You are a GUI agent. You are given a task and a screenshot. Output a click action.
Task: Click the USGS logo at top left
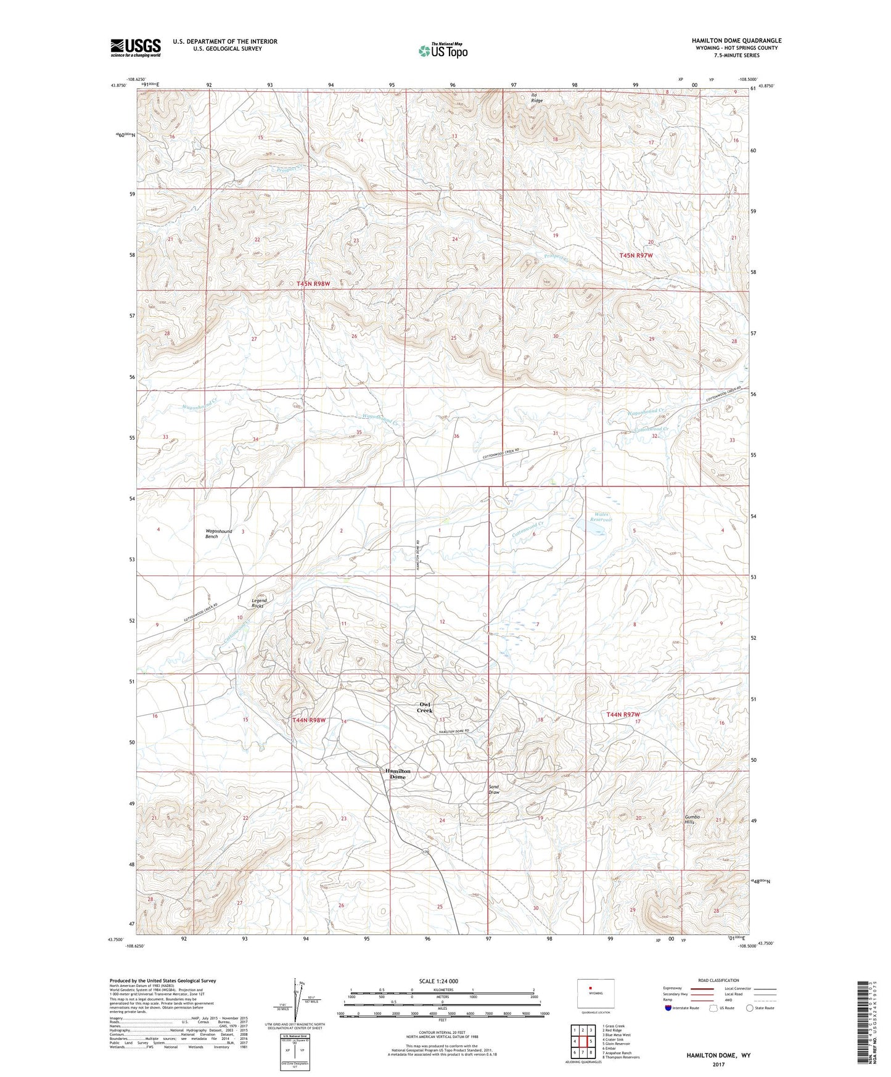coord(135,47)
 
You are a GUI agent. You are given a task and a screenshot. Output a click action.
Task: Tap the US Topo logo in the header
coord(443,51)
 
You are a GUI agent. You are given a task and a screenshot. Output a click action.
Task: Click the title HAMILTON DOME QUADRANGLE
coord(736,41)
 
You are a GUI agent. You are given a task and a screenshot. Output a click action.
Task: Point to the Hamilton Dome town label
coord(398,774)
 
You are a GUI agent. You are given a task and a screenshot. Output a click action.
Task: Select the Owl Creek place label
coord(425,708)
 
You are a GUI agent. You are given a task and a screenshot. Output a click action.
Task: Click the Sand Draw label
coord(494,790)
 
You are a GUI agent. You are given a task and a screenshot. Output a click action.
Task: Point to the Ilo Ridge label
coord(537,97)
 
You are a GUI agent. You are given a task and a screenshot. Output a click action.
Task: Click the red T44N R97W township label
coord(624,714)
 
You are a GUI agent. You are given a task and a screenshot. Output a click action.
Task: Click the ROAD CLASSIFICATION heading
coord(719,980)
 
